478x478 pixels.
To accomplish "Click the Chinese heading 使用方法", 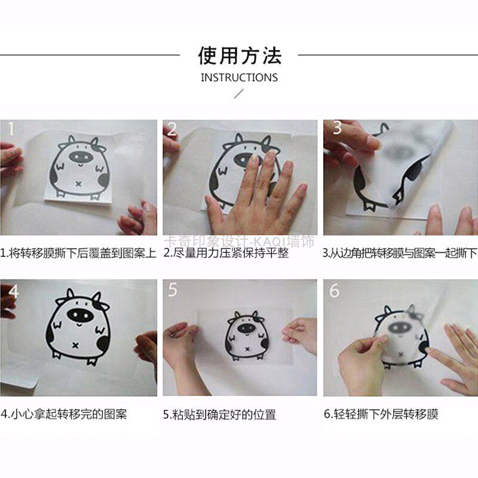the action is (x=240, y=56).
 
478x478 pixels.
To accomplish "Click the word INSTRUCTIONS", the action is (x=240, y=78).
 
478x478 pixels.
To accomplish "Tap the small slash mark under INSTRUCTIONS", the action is (x=238, y=94).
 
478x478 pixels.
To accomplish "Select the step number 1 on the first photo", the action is (x=11, y=128).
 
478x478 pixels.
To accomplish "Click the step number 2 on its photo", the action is (x=172, y=129).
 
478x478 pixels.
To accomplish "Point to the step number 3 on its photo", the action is (x=337, y=128).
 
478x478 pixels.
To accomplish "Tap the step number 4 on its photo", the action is (x=14, y=292).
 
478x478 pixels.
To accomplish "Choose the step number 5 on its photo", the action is (x=173, y=290).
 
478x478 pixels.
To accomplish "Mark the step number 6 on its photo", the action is (x=334, y=290).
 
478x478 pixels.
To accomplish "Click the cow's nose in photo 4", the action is (x=79, y=315).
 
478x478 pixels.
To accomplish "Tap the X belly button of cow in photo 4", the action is (x=75, y=345).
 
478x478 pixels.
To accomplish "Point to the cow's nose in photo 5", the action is (x=246, y=328).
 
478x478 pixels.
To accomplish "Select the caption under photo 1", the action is (x=78, y=253).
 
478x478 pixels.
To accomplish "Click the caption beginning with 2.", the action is (x=226, y=253).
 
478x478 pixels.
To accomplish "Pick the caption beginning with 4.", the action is (x=63, y=414).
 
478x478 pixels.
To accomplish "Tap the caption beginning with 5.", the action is (x=219, y=415).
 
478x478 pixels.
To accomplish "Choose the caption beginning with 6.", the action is (x=381, y=414).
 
